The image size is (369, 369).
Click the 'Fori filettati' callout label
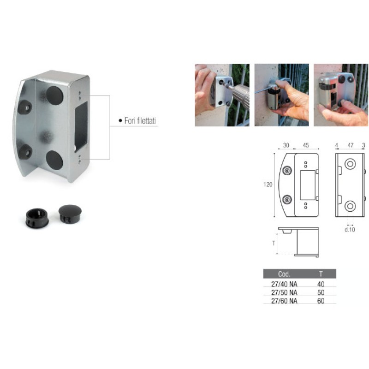click(140, 121)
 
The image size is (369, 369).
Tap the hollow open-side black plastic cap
click(37, 218)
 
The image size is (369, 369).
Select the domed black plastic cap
click(70, 214)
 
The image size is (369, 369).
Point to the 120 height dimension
click(268, 184)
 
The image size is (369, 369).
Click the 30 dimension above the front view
click(286, 145)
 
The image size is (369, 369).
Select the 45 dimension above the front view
click(306, 145)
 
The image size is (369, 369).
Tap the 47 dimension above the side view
click(351, 145)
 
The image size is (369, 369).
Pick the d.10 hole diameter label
click(350, 229)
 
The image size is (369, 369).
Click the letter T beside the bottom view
click(274, 244)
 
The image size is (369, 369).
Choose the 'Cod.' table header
click(284, 274)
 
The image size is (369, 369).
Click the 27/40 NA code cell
click(284, 284)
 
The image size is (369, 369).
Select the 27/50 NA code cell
click(284, 292)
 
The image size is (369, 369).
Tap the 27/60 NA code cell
click(284, 301)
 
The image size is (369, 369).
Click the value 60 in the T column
click(321, 301)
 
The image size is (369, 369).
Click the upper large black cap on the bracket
click(54, 95)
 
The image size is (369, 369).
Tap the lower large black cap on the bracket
click(54, 160)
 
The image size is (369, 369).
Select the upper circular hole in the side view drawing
click(350, 164)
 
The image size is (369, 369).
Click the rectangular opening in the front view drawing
click(308, 185)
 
